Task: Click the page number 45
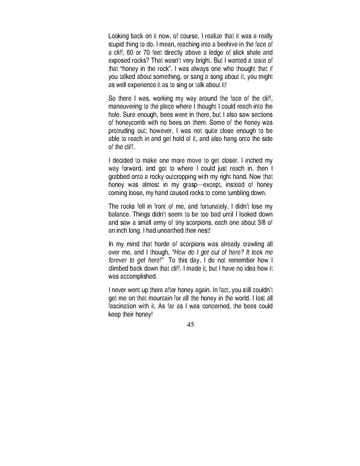[190, 325]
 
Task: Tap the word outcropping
[186, 177]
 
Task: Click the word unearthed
[169, 231]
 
